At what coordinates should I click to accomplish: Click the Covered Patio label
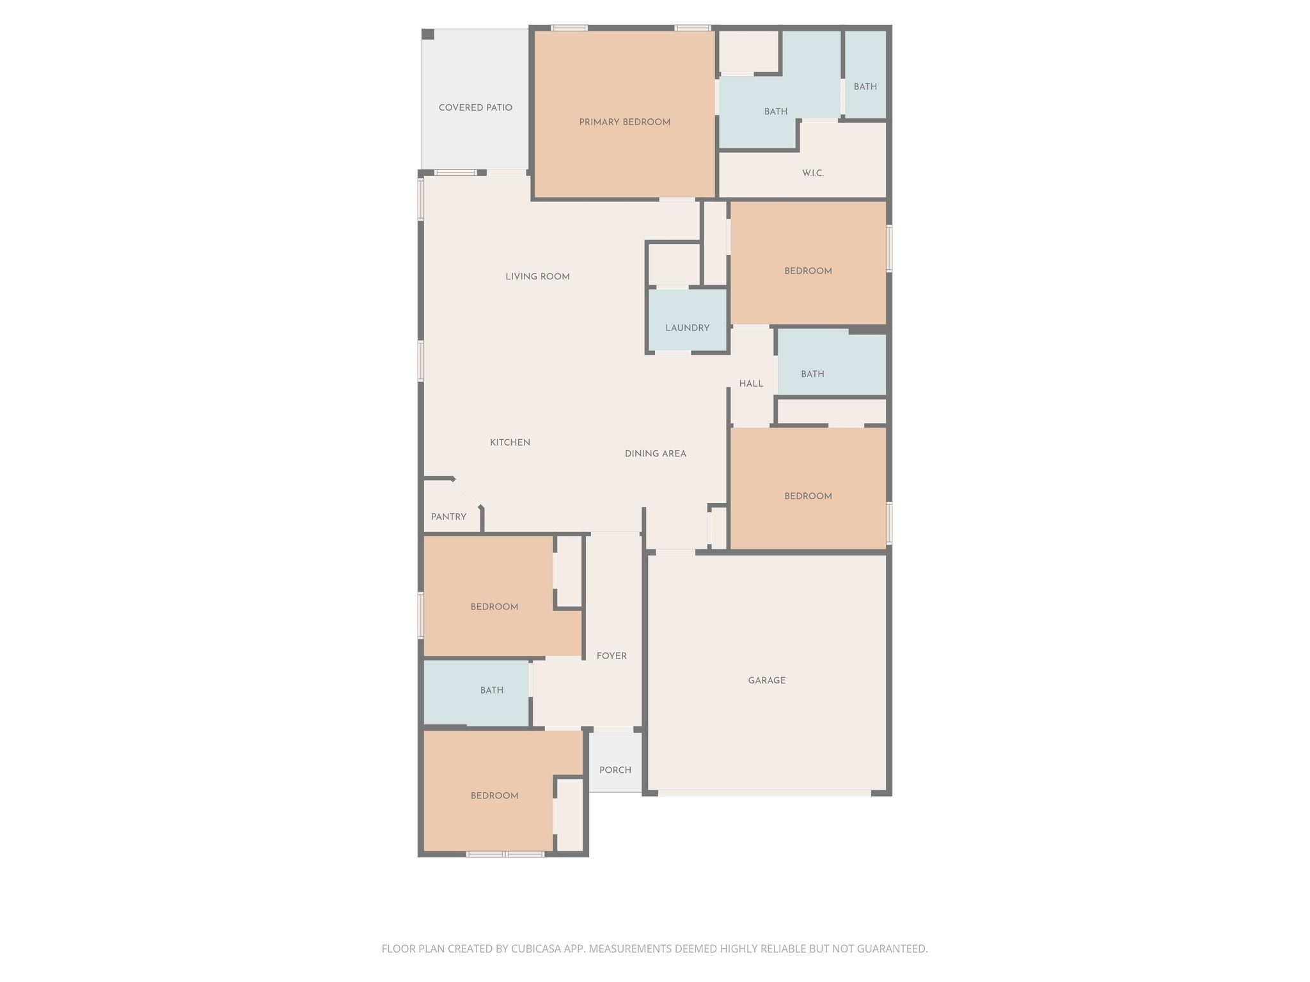[475, 107]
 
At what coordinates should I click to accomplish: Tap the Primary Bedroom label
[624, 122]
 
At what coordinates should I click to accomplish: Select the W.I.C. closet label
[812, 173]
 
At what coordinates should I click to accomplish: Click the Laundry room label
[687, 328]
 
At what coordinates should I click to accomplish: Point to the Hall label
[751, 384]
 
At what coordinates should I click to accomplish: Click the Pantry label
[448, 517]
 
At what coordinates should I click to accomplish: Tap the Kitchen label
[510, 442]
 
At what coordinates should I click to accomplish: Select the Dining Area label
[655, 454]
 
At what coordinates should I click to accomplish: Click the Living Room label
[537, 277]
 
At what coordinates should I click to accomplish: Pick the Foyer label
[612, 656]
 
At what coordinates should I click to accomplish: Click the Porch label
[615, 770]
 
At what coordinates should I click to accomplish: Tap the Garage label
[766, 680]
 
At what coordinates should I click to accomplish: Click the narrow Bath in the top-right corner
[865, 86]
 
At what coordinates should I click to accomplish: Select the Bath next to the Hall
[812, 374]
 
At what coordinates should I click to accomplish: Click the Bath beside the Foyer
[491, 690]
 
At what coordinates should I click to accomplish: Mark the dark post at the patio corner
[428, 35]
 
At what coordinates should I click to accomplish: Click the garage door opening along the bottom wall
[764, 793]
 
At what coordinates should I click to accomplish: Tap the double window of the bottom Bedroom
[505, 854]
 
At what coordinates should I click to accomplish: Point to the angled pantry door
[466, 493]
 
